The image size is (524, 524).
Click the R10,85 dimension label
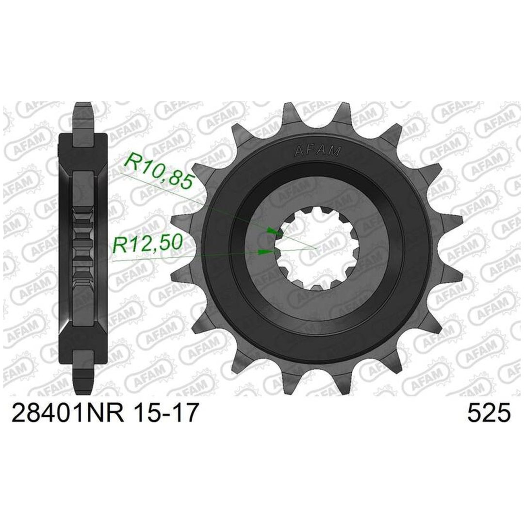tap(159, 172)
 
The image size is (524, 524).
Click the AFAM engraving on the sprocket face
tap(317, 151)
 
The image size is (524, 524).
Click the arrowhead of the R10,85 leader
tap(274, 231)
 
